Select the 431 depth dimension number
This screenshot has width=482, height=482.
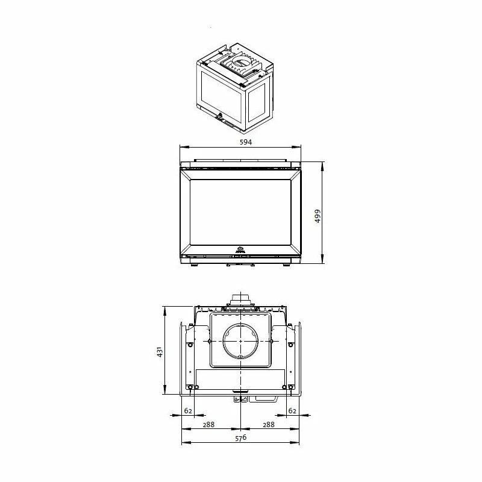159,351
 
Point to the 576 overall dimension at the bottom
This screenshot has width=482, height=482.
240,439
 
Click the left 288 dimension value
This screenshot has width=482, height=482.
208,424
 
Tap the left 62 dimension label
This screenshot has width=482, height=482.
188,410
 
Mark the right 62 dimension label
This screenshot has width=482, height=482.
292,410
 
